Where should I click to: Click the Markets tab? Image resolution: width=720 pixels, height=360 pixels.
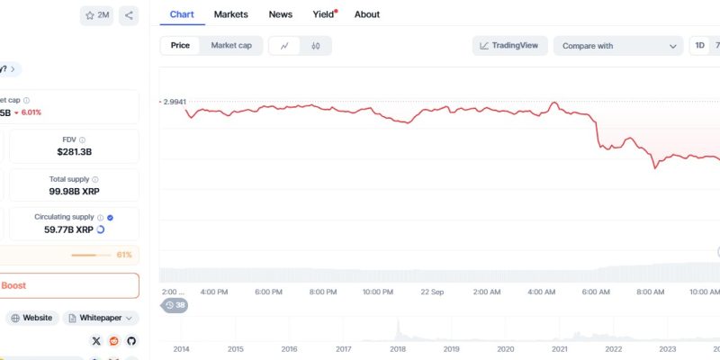click(230, 14)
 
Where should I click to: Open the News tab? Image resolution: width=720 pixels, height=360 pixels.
click(280, 14)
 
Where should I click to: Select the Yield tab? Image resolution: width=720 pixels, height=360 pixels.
click(323, 14)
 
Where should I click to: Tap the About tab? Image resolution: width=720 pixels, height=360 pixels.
click(366, 14)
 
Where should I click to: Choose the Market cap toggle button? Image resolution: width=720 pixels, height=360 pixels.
click(231, 45)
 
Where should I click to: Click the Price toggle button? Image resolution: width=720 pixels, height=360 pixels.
click(180, 45)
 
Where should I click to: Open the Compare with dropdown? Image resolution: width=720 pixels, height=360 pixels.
click(618, 46)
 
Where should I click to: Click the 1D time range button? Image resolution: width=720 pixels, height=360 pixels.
click(699, 45)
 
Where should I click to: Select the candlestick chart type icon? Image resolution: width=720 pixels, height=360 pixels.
click(316, 46)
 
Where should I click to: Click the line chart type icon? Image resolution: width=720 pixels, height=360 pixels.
click(284, 46)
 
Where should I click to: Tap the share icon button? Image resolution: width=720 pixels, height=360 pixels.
click(129, 15)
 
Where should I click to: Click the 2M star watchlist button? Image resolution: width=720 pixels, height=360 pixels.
click(96, 15)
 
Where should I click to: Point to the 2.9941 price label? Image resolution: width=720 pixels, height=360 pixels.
click(175, 102)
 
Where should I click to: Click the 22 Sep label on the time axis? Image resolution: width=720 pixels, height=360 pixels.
click(432, 292)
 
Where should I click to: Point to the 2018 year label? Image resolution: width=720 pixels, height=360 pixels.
click(396, 349)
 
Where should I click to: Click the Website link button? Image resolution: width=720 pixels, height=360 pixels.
click(32, 318)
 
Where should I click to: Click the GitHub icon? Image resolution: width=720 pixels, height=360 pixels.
click(131, 341)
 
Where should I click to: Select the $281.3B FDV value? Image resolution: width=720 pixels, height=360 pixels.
click(76, 153)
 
